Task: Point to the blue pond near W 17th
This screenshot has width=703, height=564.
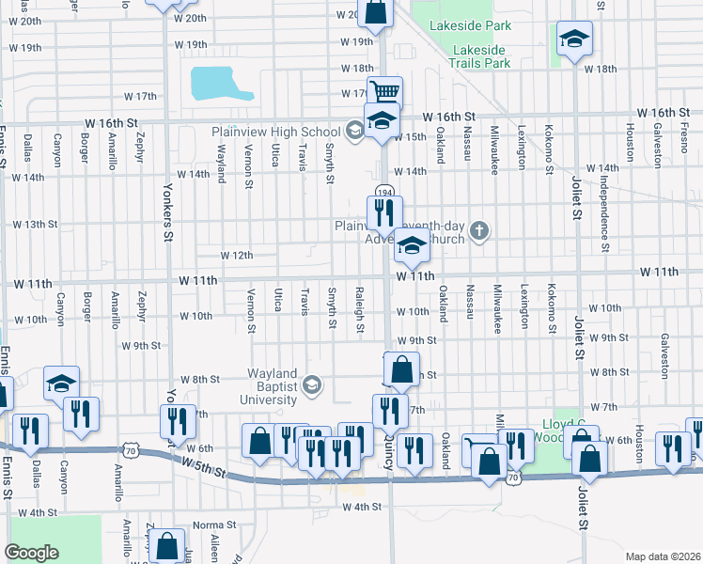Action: pos(220,84)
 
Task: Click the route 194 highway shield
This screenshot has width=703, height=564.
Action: pos(384,192)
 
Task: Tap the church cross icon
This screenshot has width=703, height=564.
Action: pos(479,230)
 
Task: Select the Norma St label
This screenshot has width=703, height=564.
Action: pos(212,525)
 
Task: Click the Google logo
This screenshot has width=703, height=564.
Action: pos(31,553)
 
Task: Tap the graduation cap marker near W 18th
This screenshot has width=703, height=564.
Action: pos(574,39)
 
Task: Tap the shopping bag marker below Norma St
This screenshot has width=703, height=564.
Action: pos(166,545)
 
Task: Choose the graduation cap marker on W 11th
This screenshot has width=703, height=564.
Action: pos(411,246)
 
